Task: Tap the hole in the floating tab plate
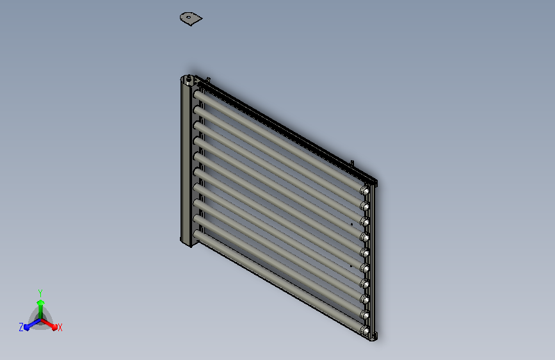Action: tap(188, 17)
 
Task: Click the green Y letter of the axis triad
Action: tap(40, 291)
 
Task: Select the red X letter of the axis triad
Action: tap(60, 327)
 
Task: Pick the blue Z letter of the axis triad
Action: tap(21, 327)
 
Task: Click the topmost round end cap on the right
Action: tap(366, 191)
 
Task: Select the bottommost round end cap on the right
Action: tap(365, 331)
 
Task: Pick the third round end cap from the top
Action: tap(365, 222)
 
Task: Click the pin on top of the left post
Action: tap(189, 80)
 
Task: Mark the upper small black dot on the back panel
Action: tap(351, 225)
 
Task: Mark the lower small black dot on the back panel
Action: tap(351, 265)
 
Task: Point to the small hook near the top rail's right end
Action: tap(352, 163)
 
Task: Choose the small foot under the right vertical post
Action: tap(375, 336)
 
